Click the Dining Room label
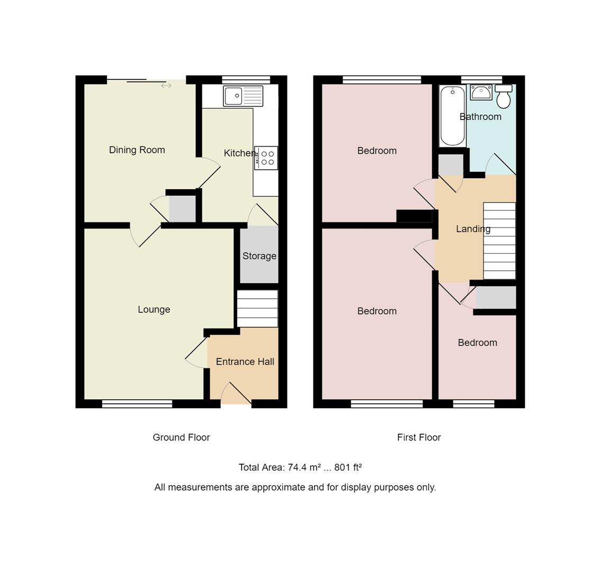click(137, 150)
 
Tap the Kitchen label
click(240, 153)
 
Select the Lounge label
click(154, 310)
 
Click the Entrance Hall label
click(245, 362)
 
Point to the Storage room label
click(259, 256)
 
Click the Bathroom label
click(480, 117)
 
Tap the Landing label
click(473, 229)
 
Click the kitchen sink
click(243, 96)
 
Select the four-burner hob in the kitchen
click(266, 158)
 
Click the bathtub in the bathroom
click(452, 116)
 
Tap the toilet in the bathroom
click(504, 96)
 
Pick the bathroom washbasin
click(481, 93)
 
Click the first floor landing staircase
click(499, 241)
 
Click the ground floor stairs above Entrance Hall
click(257, 309)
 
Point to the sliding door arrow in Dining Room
click(166, 86)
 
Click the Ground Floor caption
click(181, 438)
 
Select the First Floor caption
click(419, 438)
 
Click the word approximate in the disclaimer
click(278, 487)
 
